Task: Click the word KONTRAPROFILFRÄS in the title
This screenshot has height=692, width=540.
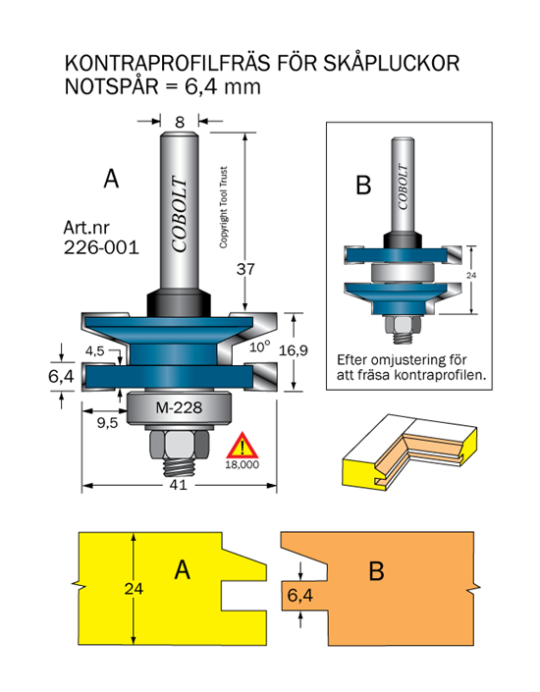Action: pos(167,64)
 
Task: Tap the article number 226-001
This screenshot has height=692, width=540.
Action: pos(101,247)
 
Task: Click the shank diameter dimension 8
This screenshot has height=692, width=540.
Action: pos(180,122)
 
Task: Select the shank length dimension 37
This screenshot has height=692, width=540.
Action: pos(245,269)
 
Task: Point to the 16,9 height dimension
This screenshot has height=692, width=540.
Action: pos(294,350)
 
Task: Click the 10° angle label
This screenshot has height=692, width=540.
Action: pos(260,346)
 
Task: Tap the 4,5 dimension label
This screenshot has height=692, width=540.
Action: pos(95,350)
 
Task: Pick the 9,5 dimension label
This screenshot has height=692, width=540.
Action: pos(108,423)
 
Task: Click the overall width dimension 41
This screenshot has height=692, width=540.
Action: pos(179,485)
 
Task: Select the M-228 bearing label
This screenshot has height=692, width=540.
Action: pos(179,407)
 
